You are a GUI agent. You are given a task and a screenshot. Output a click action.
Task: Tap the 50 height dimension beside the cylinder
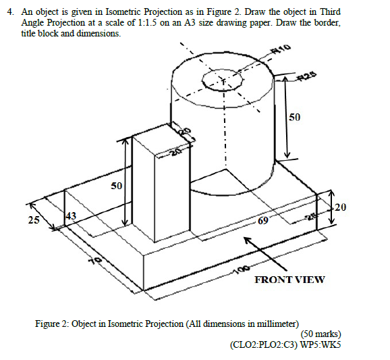295,118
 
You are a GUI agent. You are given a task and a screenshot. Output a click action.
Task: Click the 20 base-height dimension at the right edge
341,207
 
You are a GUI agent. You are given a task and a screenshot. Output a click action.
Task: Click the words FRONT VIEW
289,279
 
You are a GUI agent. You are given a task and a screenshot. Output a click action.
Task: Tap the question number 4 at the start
9,13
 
